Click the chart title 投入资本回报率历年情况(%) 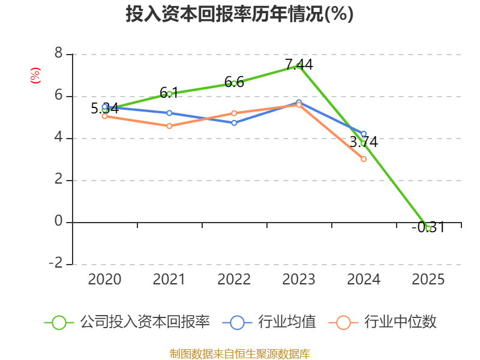[239, 14]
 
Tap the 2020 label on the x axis [104, 279]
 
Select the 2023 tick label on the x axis [299, 279]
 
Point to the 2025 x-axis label [428, 279]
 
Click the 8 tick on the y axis [59, 54]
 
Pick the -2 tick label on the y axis [56, 263]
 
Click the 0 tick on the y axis [59, 221]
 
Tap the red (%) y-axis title [35, 75]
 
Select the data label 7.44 [299, 64]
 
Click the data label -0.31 [428, 227]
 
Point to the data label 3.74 [364, 142]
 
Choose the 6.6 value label [234, 82]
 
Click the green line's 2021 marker [169, 94]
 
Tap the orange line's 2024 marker [364, 159]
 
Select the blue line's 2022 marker [234, 123]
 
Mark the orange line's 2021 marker [169, 126]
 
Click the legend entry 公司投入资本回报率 [144, 322]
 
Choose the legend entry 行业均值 [287, 322]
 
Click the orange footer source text [239, 353]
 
